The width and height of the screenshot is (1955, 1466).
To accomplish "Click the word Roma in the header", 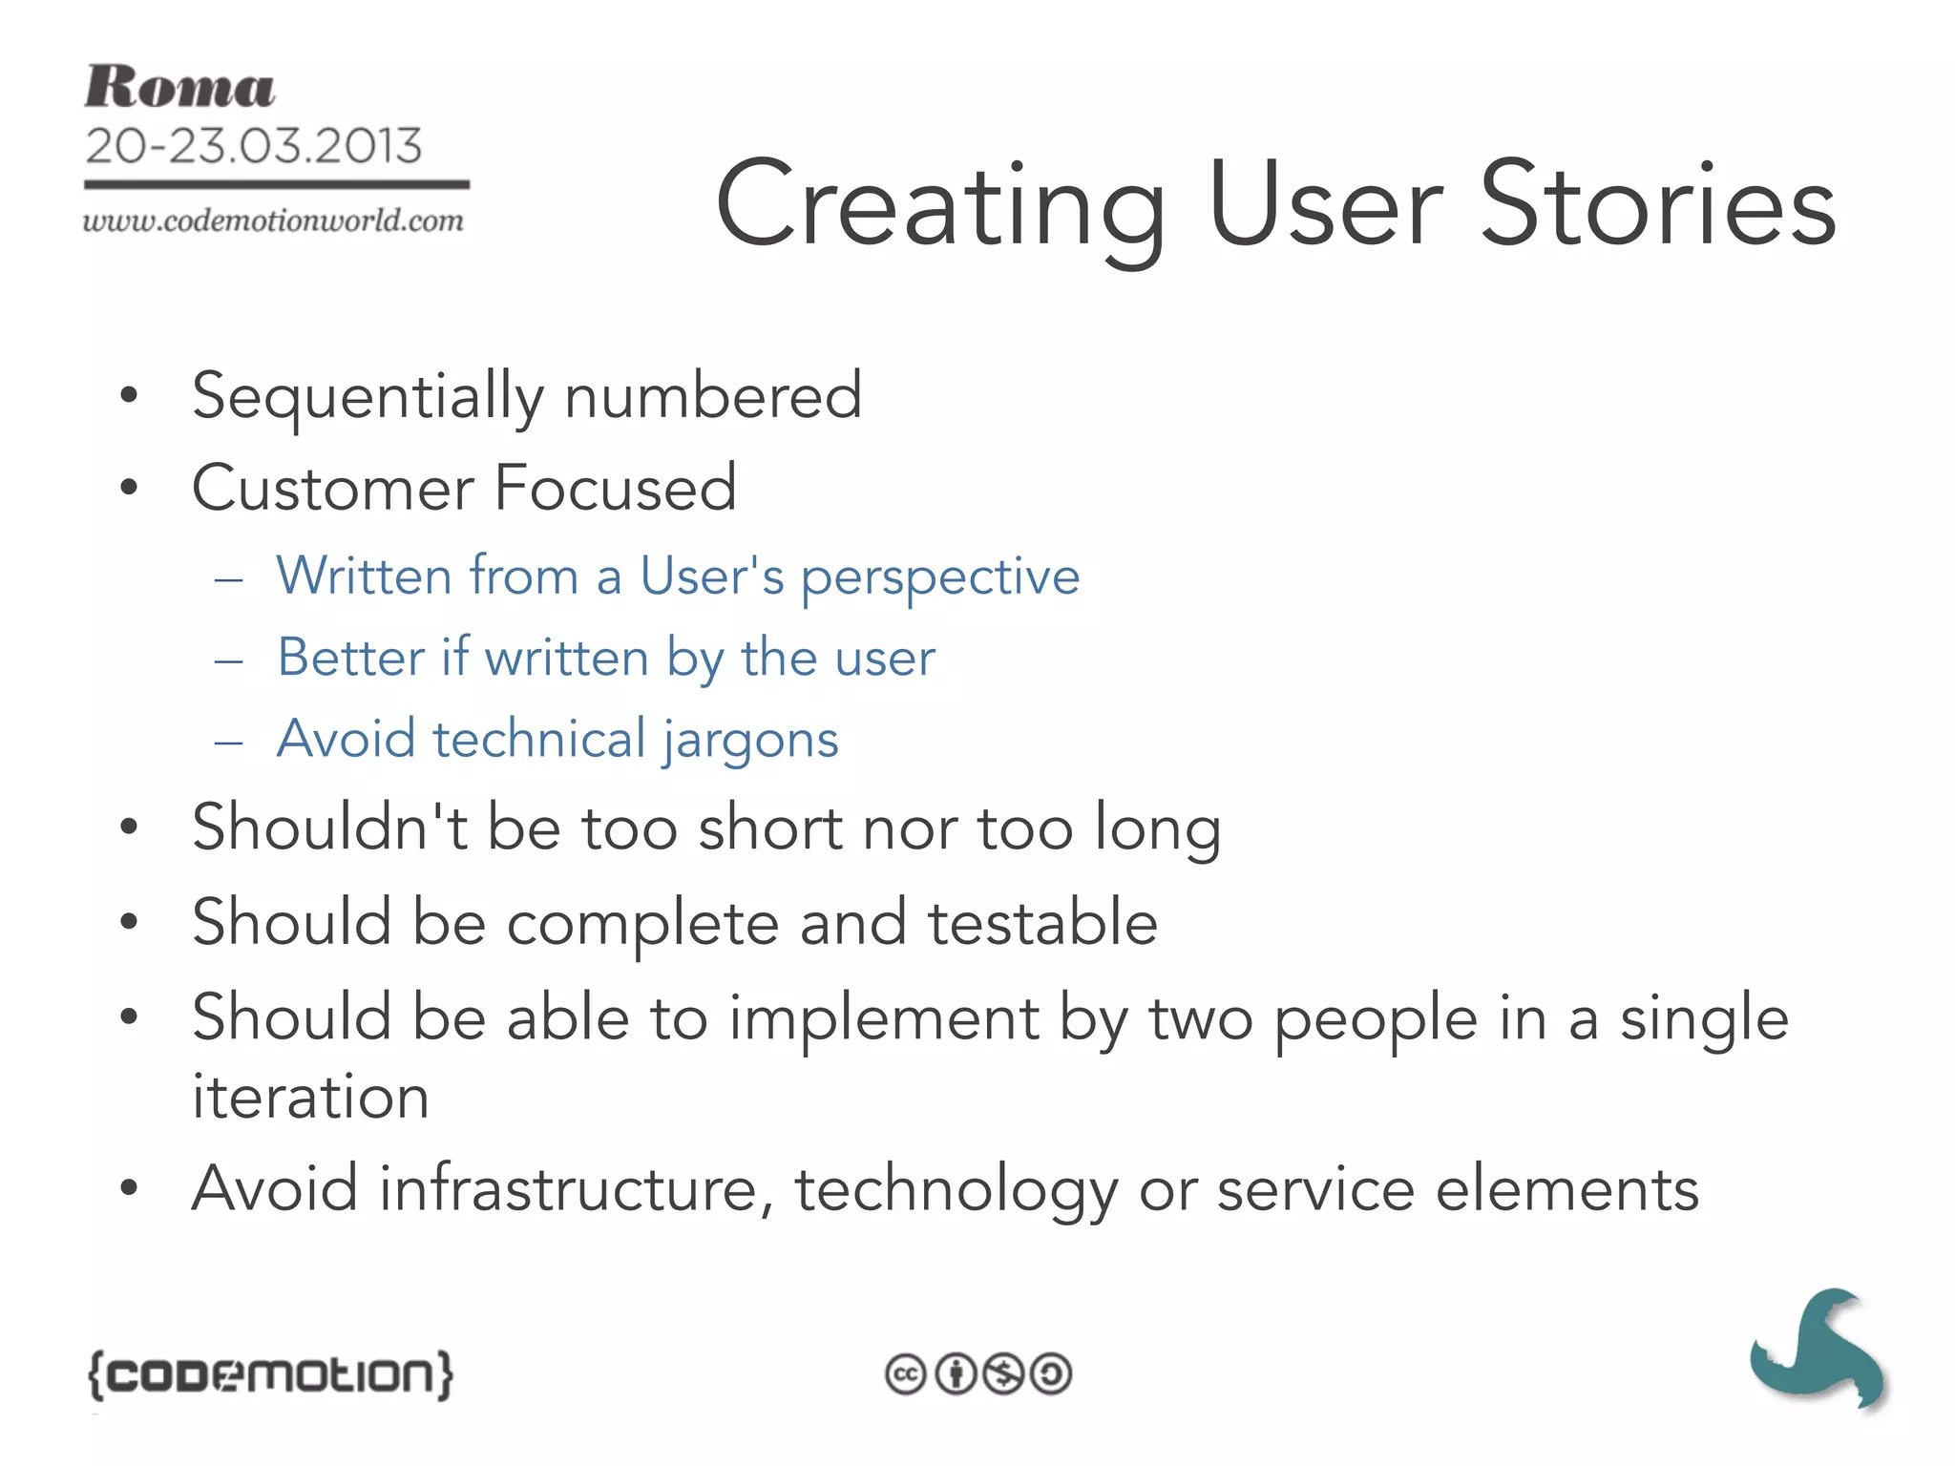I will [x=179, y=87].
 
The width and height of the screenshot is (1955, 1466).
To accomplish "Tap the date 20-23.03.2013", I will [x=253, y=146].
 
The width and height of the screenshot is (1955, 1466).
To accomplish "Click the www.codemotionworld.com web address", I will [x=273, y=220].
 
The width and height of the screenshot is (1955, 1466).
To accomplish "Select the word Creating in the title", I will [x=940, y=205].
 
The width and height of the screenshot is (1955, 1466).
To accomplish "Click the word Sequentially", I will [x=368, y=396].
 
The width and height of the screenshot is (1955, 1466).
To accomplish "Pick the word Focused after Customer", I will [x=616, y=488].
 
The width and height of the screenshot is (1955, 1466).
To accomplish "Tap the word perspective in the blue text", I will [x=939, y=577].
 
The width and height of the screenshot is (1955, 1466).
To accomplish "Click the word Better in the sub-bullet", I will [x=350, y=658].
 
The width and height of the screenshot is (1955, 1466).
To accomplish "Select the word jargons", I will [x=750, y=740].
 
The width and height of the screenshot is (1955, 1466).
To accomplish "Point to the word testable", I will [x=1042, y=923].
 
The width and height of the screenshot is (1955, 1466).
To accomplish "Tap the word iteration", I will [x=310, y=1096].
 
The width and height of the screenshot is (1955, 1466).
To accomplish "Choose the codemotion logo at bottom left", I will [x=270, y=1375].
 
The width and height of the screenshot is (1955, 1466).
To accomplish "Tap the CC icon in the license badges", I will [x=906, y=1375].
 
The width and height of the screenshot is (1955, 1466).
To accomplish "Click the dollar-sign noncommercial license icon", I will [x=1003, y=1375].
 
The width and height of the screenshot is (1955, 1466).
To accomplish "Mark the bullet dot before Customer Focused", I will [x=130, y=488].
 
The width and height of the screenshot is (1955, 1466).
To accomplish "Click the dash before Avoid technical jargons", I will [x=229, y=742].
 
